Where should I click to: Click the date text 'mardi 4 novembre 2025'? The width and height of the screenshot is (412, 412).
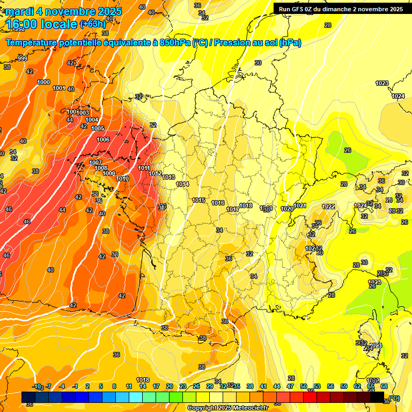[x=64, y=11]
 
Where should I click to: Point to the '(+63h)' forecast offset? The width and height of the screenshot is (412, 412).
[x=93, y=24]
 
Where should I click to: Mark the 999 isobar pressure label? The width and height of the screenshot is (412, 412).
[x=22, y=58]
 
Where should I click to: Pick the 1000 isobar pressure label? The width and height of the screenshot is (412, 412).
[x=44, y=82]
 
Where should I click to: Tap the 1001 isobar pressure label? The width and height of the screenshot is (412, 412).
[x=60, y=89]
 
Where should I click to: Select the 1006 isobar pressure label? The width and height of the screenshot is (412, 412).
[x=104, y=139]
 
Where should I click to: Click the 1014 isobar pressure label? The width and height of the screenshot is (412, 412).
[x=182, y=184]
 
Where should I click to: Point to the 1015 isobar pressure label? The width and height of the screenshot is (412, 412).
[x=198, y=200]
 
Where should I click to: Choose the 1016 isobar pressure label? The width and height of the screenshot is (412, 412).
[x=218, y=203]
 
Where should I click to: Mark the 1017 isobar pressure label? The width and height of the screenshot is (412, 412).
[x=233, y=209]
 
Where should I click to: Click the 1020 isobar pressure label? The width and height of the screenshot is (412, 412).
[x=287, y=209]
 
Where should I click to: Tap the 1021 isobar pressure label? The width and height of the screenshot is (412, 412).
[x=300, y=205]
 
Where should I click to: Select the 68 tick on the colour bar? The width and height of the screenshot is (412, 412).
[x=384, y=386]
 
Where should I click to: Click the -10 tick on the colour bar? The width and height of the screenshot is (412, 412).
[x=37, y=386]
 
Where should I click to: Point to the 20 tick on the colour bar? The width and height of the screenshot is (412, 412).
[x=170, y=386]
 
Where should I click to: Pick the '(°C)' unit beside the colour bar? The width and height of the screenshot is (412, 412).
[x=394, y=398]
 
